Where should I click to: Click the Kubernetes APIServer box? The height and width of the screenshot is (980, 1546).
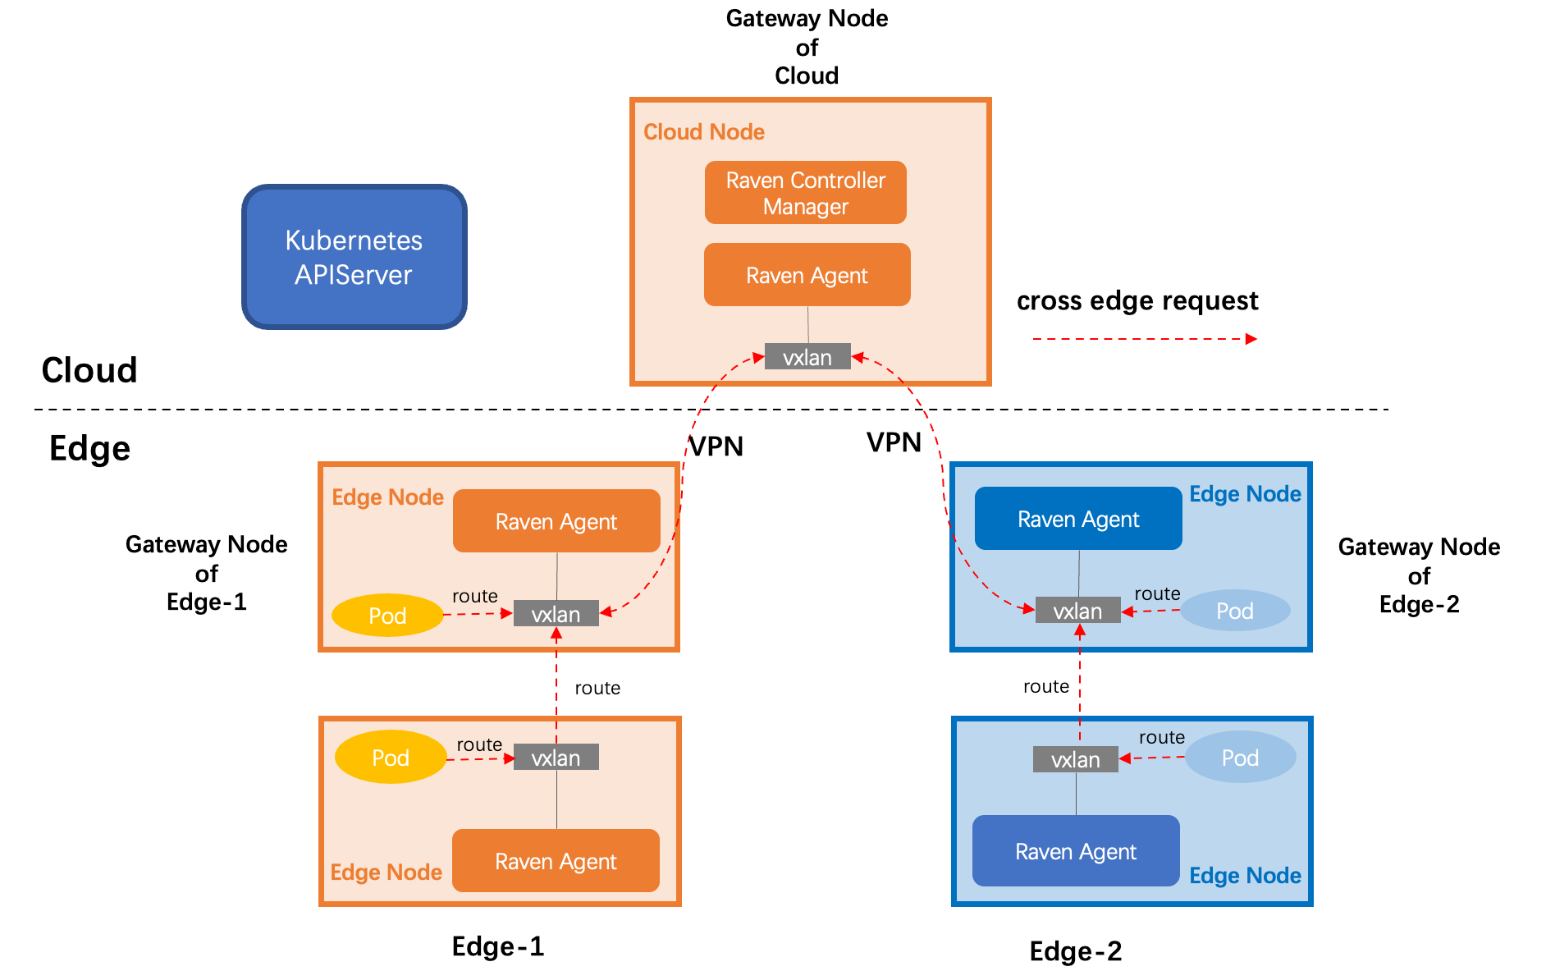tap(354, 257)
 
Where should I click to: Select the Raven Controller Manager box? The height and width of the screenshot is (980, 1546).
tap(806, 193)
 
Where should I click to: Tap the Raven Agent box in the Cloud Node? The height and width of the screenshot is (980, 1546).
tap(807, 275)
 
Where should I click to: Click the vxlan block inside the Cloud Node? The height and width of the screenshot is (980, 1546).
tap(807, 357)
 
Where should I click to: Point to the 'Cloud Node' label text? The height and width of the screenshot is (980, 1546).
tap(704, 131)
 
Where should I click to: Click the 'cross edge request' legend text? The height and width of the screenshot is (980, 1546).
tap(1137, 301)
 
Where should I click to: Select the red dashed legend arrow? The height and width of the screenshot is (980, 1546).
tap(1145, 339)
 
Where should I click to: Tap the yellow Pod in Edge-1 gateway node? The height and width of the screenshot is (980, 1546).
tap(387, 616)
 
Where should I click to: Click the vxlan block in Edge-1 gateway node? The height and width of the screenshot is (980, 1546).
tap(556, 614)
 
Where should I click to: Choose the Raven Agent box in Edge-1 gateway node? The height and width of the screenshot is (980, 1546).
tap(556, 521)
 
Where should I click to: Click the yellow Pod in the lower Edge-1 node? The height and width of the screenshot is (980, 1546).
tap(391, 757)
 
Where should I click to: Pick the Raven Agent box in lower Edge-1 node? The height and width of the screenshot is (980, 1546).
tap(556, 861)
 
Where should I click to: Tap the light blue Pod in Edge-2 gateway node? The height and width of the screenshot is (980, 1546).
tap(1235, 611)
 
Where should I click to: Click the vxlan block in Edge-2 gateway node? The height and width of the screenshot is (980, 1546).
tap(1078, 611)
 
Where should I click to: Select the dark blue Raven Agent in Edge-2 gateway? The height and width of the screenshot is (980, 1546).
tap(1078, 519)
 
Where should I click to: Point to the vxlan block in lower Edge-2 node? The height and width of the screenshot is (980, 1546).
tap(1076, 759)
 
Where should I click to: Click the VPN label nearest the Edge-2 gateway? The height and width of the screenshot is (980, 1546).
tap(894, 442)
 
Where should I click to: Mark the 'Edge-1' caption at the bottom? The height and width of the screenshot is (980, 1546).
tap(498, 946)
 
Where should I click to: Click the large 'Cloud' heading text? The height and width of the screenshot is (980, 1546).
tap(89, 370)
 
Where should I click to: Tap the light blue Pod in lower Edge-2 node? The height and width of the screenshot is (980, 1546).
tap(1241, 757)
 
